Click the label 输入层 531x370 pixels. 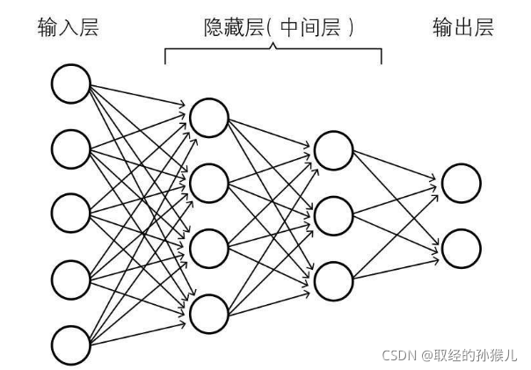click(x=68, y=28)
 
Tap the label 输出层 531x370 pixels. click(x=463, y=28)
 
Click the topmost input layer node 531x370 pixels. click(x=71, y=84)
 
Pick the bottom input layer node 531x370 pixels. click(x=71, y=345)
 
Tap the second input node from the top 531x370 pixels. click(x=71, y=149)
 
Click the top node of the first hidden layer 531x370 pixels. click(x=208, y=117)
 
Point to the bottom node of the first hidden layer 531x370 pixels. click(x=208, y=312)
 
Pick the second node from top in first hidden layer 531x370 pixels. click(x=208, y=183)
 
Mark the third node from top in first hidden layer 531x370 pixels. click(x=208, y=247)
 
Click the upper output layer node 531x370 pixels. click(x=462, y=183)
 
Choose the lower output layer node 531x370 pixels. click(x=462, y=247)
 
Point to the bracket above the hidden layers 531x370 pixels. click(x=273, y=51)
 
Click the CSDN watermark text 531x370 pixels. click(x=399, y=354)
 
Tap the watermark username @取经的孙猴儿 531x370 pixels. click(x=469, y=354)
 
